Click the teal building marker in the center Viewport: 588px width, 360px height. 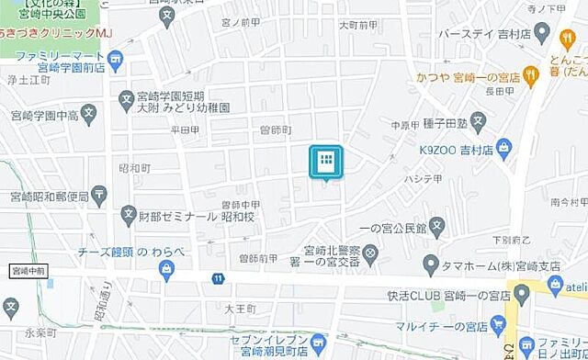(325, 163)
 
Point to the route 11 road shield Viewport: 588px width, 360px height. (217, 277)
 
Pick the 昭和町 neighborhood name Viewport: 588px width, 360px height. (134, 168)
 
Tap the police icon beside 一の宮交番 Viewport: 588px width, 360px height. (370, 251)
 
